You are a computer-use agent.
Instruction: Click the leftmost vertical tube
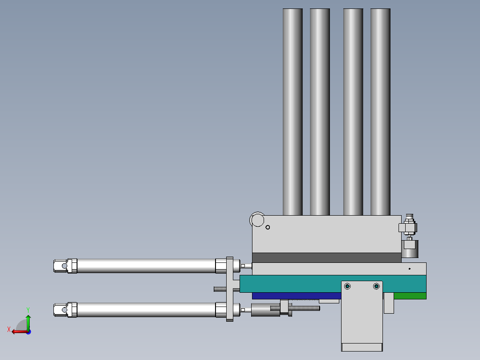coord(293,112)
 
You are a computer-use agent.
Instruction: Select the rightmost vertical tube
coord(380,112)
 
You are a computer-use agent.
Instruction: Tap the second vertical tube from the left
coord(320,112)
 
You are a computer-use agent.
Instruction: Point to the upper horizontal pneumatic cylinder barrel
coord(146,266)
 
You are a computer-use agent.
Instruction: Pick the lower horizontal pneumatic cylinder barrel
coord(146,310)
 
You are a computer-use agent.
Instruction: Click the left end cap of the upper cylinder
coord(65,266)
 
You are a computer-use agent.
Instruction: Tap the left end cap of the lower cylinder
coord(65,310)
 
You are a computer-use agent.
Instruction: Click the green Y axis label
coord(28,310)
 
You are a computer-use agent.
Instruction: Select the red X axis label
coord(9,329)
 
